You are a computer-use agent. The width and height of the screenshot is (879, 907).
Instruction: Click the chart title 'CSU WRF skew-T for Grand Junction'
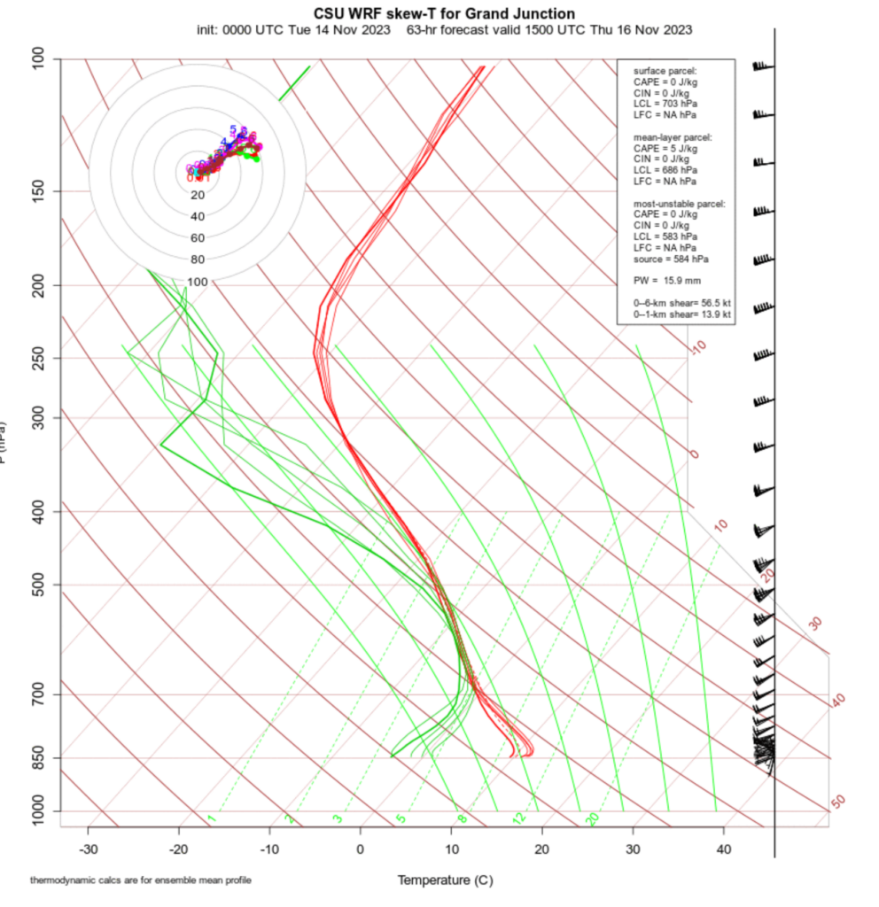tap(444, 14)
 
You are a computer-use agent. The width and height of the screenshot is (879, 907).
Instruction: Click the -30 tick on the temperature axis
tap(88, 849)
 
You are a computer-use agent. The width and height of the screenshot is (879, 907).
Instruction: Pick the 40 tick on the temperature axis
tap(723, 849)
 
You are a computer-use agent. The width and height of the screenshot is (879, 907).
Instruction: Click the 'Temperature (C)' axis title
tap(444, 880)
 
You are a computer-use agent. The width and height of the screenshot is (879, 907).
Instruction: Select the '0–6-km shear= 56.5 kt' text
tap(681, 303)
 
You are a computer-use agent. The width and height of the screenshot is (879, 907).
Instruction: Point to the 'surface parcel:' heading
tap(665, 70)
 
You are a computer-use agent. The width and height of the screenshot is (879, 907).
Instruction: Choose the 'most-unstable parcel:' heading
tap(679, 204)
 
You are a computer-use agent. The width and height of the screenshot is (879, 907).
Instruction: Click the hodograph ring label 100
tap(198, 282)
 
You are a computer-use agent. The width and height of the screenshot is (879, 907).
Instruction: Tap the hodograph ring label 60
tap(198, 238)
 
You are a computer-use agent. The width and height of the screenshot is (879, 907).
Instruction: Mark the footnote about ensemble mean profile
tap(141, 880)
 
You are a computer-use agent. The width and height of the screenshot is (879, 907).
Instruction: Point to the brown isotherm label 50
tap(838, 802)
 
